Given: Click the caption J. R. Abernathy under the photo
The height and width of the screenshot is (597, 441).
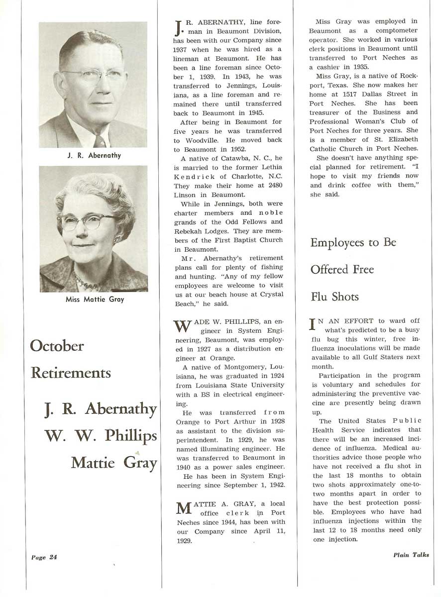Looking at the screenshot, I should (x=94, y=156).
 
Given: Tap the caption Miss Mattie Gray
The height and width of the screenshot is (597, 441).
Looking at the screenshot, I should (x=94, y=299).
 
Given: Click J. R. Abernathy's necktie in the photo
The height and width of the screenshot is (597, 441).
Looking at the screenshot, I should (x=100, y=140).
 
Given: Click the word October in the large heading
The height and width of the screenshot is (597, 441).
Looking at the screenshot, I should (x=57, y=346).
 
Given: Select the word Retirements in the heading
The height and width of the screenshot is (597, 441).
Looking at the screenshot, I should (x=71, y=373).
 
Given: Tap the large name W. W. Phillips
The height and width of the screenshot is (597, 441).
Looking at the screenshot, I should (x=101, y=436).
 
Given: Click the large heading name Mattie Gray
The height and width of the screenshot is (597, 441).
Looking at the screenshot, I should (x=113, y=463).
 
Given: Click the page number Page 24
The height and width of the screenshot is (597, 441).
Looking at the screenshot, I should (x=44, y=557).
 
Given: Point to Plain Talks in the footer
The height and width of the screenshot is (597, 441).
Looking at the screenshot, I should (x=411, y=555).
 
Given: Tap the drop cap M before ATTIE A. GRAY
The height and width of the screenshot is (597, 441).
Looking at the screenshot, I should (x=183, y=509).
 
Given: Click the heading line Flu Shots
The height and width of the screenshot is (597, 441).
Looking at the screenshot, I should (x=334, y=297).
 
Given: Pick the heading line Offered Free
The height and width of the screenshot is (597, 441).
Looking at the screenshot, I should (x=342, y=270).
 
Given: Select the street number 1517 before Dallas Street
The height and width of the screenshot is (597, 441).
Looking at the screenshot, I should (x=357, y=94).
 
